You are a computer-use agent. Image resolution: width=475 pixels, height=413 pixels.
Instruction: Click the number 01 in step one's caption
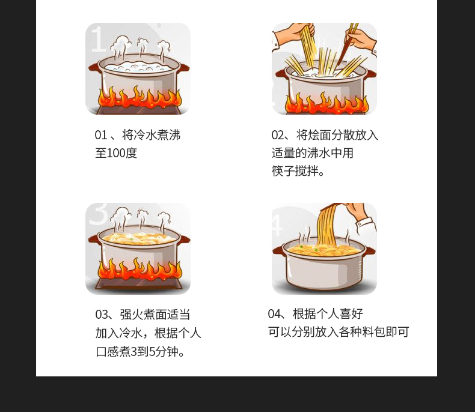click(101, 135)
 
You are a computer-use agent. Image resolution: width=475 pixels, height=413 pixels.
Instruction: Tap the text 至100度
click(116, 153)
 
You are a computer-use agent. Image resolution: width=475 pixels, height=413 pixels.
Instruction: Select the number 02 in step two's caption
click(277, 135)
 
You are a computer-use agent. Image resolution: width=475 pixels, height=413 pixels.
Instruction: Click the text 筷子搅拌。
click(298, 171)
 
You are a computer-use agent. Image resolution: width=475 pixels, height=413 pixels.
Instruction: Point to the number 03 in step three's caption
click(102, 315)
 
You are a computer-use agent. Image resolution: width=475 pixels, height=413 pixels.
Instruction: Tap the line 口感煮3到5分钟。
click(140, 351)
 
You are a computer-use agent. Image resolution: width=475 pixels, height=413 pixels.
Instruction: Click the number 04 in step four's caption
click(275, 314)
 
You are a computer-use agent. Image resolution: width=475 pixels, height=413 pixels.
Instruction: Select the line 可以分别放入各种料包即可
click(339, 332)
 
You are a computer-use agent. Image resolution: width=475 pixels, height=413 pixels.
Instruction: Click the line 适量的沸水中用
click(312, 153)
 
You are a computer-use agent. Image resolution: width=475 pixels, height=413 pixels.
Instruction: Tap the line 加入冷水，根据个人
click(148, 333)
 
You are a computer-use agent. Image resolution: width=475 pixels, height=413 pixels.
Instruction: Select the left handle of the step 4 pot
click(277, 249)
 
